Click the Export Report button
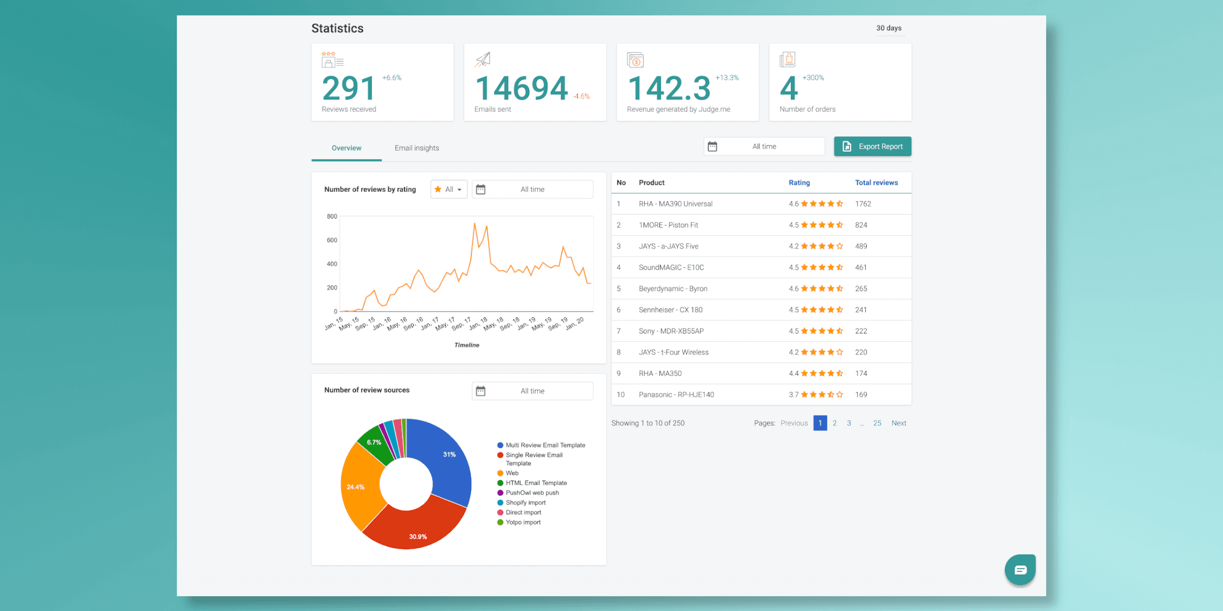point(872,147)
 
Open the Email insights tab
point(416,148)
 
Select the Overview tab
point(347,148)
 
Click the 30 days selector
point(889,28)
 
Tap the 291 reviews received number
point(349,89)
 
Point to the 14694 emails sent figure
point(521,89)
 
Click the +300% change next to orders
point(813,78)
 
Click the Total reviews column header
point(876,183)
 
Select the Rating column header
point(799,183)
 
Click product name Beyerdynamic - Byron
point(673,289)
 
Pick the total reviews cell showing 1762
point(863,204)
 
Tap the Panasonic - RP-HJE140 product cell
point(676,395)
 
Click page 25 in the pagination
point(877,423)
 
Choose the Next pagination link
point(899,423)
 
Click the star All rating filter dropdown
point(449,189)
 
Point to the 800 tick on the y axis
point(332,216)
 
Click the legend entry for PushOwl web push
point(532,493)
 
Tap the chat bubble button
point(1020,570)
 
